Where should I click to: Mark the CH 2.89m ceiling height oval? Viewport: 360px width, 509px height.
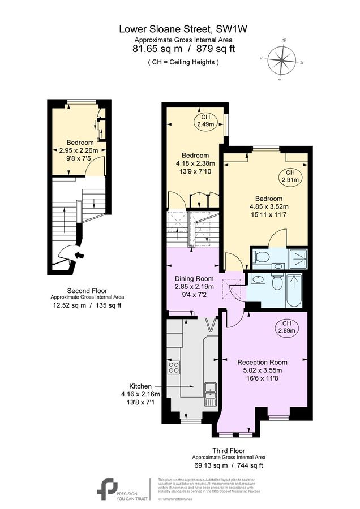coord(286,326)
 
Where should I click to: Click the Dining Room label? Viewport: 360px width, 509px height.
coord(192,278)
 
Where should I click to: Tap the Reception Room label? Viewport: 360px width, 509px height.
coord(262,362)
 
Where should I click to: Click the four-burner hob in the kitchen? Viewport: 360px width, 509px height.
coord(174,369)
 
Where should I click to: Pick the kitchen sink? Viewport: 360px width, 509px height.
coord(210,390)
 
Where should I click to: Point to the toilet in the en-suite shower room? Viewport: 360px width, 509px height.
coord(262,257)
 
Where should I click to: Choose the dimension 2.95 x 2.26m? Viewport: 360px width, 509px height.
coord(79,150)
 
